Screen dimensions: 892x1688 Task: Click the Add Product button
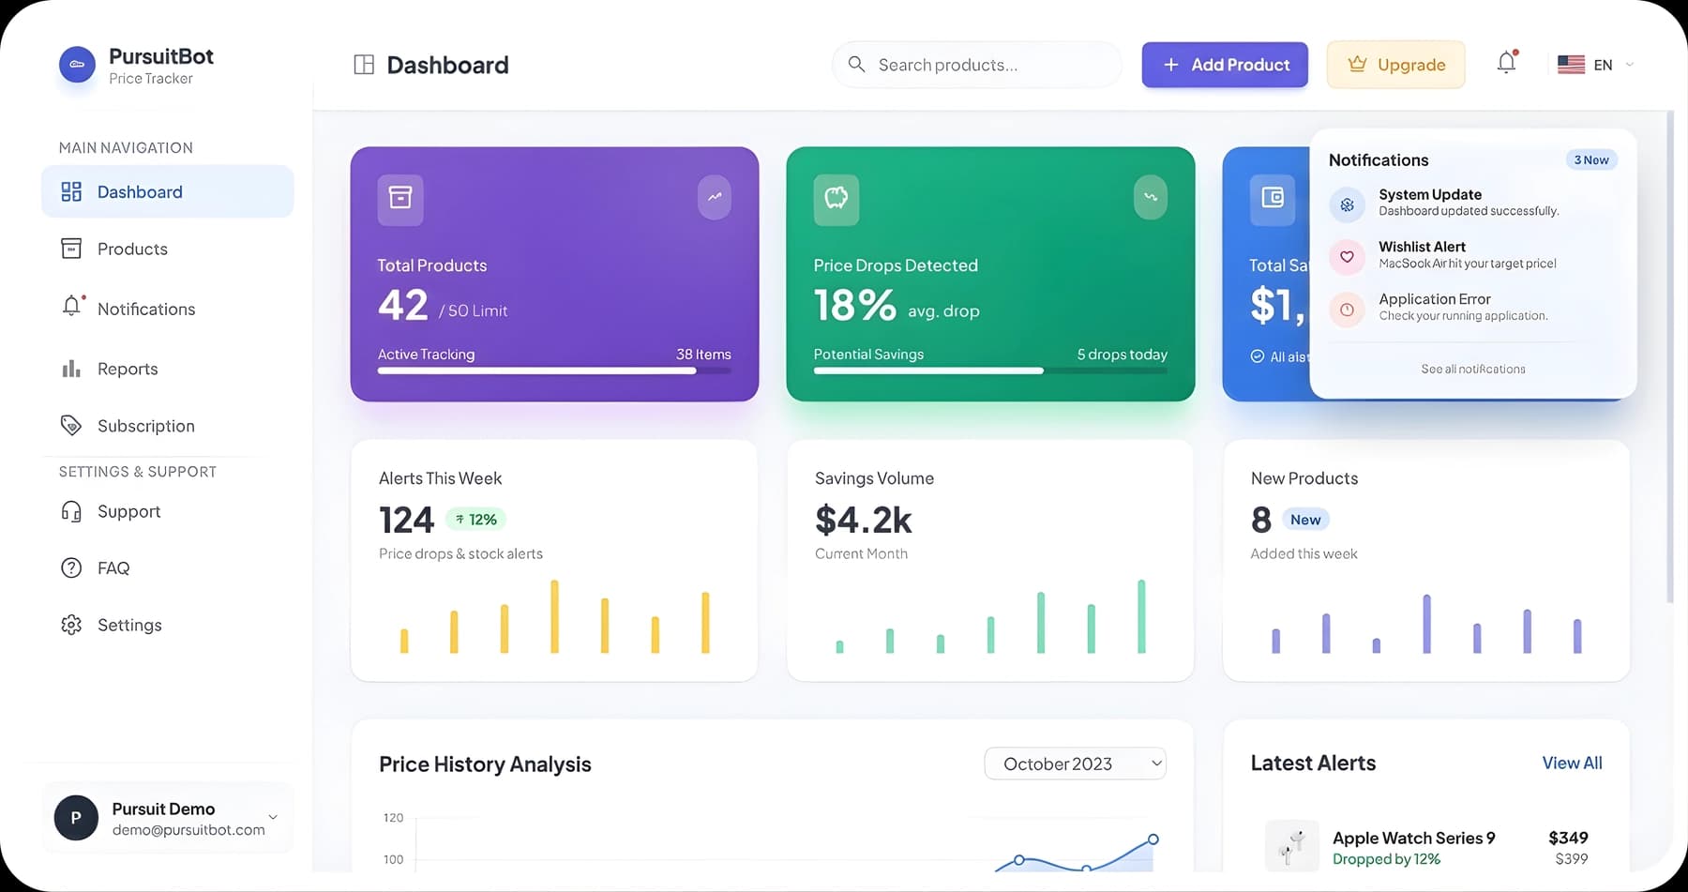[x=1224, y=65]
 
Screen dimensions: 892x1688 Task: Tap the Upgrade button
[x=1395, y=65]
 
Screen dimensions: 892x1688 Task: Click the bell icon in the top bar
[x=1506, y=63]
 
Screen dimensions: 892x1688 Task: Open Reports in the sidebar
[x=128, y=369]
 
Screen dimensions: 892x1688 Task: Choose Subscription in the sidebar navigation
[x=145, y=426]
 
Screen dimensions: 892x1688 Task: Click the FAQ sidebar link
[x=113, y=567]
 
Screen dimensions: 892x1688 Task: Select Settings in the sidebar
[x=129, y=625]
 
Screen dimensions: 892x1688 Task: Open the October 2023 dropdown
[x=1075, y=763]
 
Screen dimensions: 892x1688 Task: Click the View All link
[x=1572, y=763]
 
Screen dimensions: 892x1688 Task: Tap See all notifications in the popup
[x=1472, y=369]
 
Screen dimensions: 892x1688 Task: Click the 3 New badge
[x=1590, y=159]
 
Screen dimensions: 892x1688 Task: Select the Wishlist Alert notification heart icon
[x=1347, y=256]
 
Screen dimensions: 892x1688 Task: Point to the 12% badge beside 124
[x=476, y=519]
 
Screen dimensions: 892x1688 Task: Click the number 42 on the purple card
[x=403, y=305]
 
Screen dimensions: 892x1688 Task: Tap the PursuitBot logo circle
[x=77, y=65]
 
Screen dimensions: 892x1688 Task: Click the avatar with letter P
[x=76, y=817]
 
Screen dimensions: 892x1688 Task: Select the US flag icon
[x=1571, y=65]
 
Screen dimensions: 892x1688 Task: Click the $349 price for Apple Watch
[x=1567, y=838]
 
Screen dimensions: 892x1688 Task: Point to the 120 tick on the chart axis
[x=393, y=818]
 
